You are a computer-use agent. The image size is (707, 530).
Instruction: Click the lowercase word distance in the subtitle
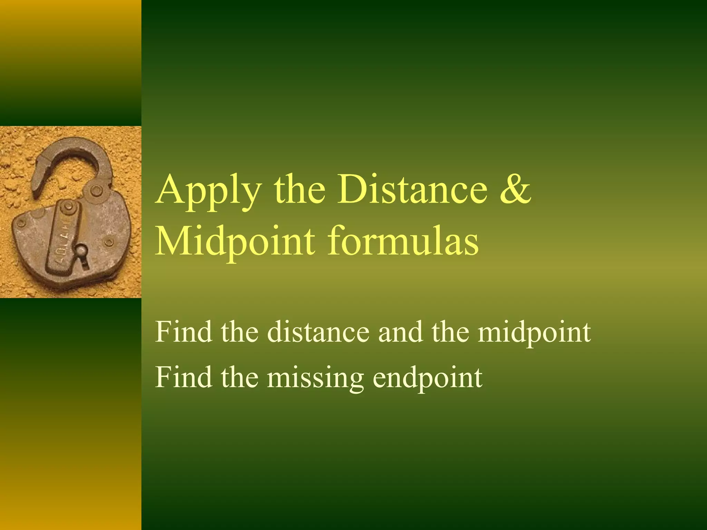(318, 332)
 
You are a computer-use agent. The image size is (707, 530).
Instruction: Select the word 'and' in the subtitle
(400, 332)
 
